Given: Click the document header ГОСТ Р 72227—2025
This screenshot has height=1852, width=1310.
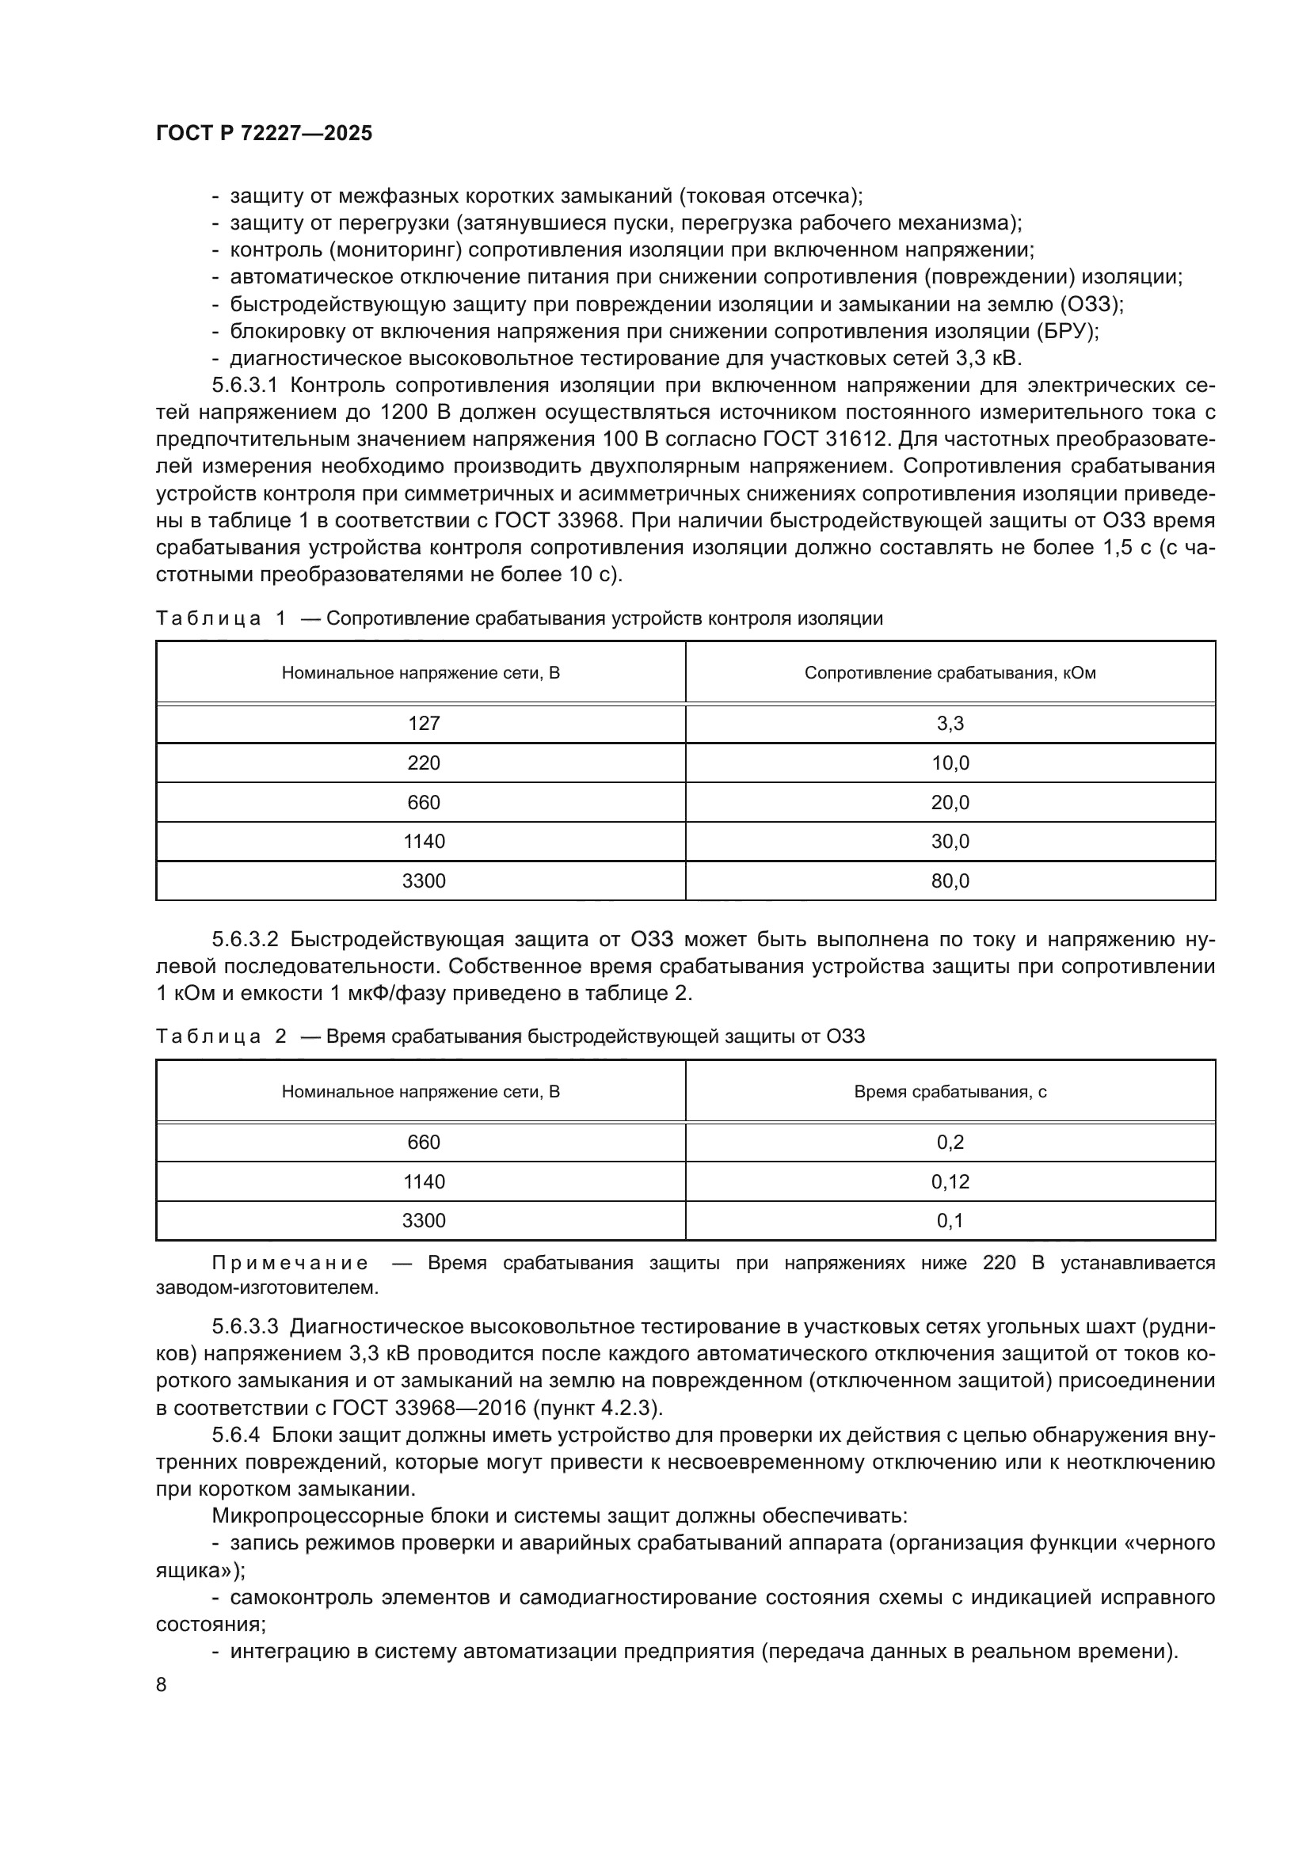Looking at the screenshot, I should click(264, 134).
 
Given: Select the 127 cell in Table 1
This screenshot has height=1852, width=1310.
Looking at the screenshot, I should click(424, 724).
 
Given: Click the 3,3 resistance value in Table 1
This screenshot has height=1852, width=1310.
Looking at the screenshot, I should click(950, 724).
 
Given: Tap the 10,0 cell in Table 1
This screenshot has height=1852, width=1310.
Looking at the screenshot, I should click(950, 763).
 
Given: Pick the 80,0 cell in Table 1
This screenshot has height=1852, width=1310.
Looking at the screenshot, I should click(950, 880).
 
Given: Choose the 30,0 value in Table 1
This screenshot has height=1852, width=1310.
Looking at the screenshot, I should click(950, 842).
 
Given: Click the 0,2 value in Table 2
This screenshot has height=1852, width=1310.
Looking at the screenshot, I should click(950, 1143).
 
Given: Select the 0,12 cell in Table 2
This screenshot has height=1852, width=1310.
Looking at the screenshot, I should click(950, 1181).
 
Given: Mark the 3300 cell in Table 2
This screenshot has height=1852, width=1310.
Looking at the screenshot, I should click(424, 1220).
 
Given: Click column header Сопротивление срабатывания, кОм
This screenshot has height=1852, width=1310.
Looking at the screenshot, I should click(950, 673).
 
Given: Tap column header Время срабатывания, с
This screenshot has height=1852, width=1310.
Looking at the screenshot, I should click(950, 1092).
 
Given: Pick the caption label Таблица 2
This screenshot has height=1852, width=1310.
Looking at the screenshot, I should click(220, 1036).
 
